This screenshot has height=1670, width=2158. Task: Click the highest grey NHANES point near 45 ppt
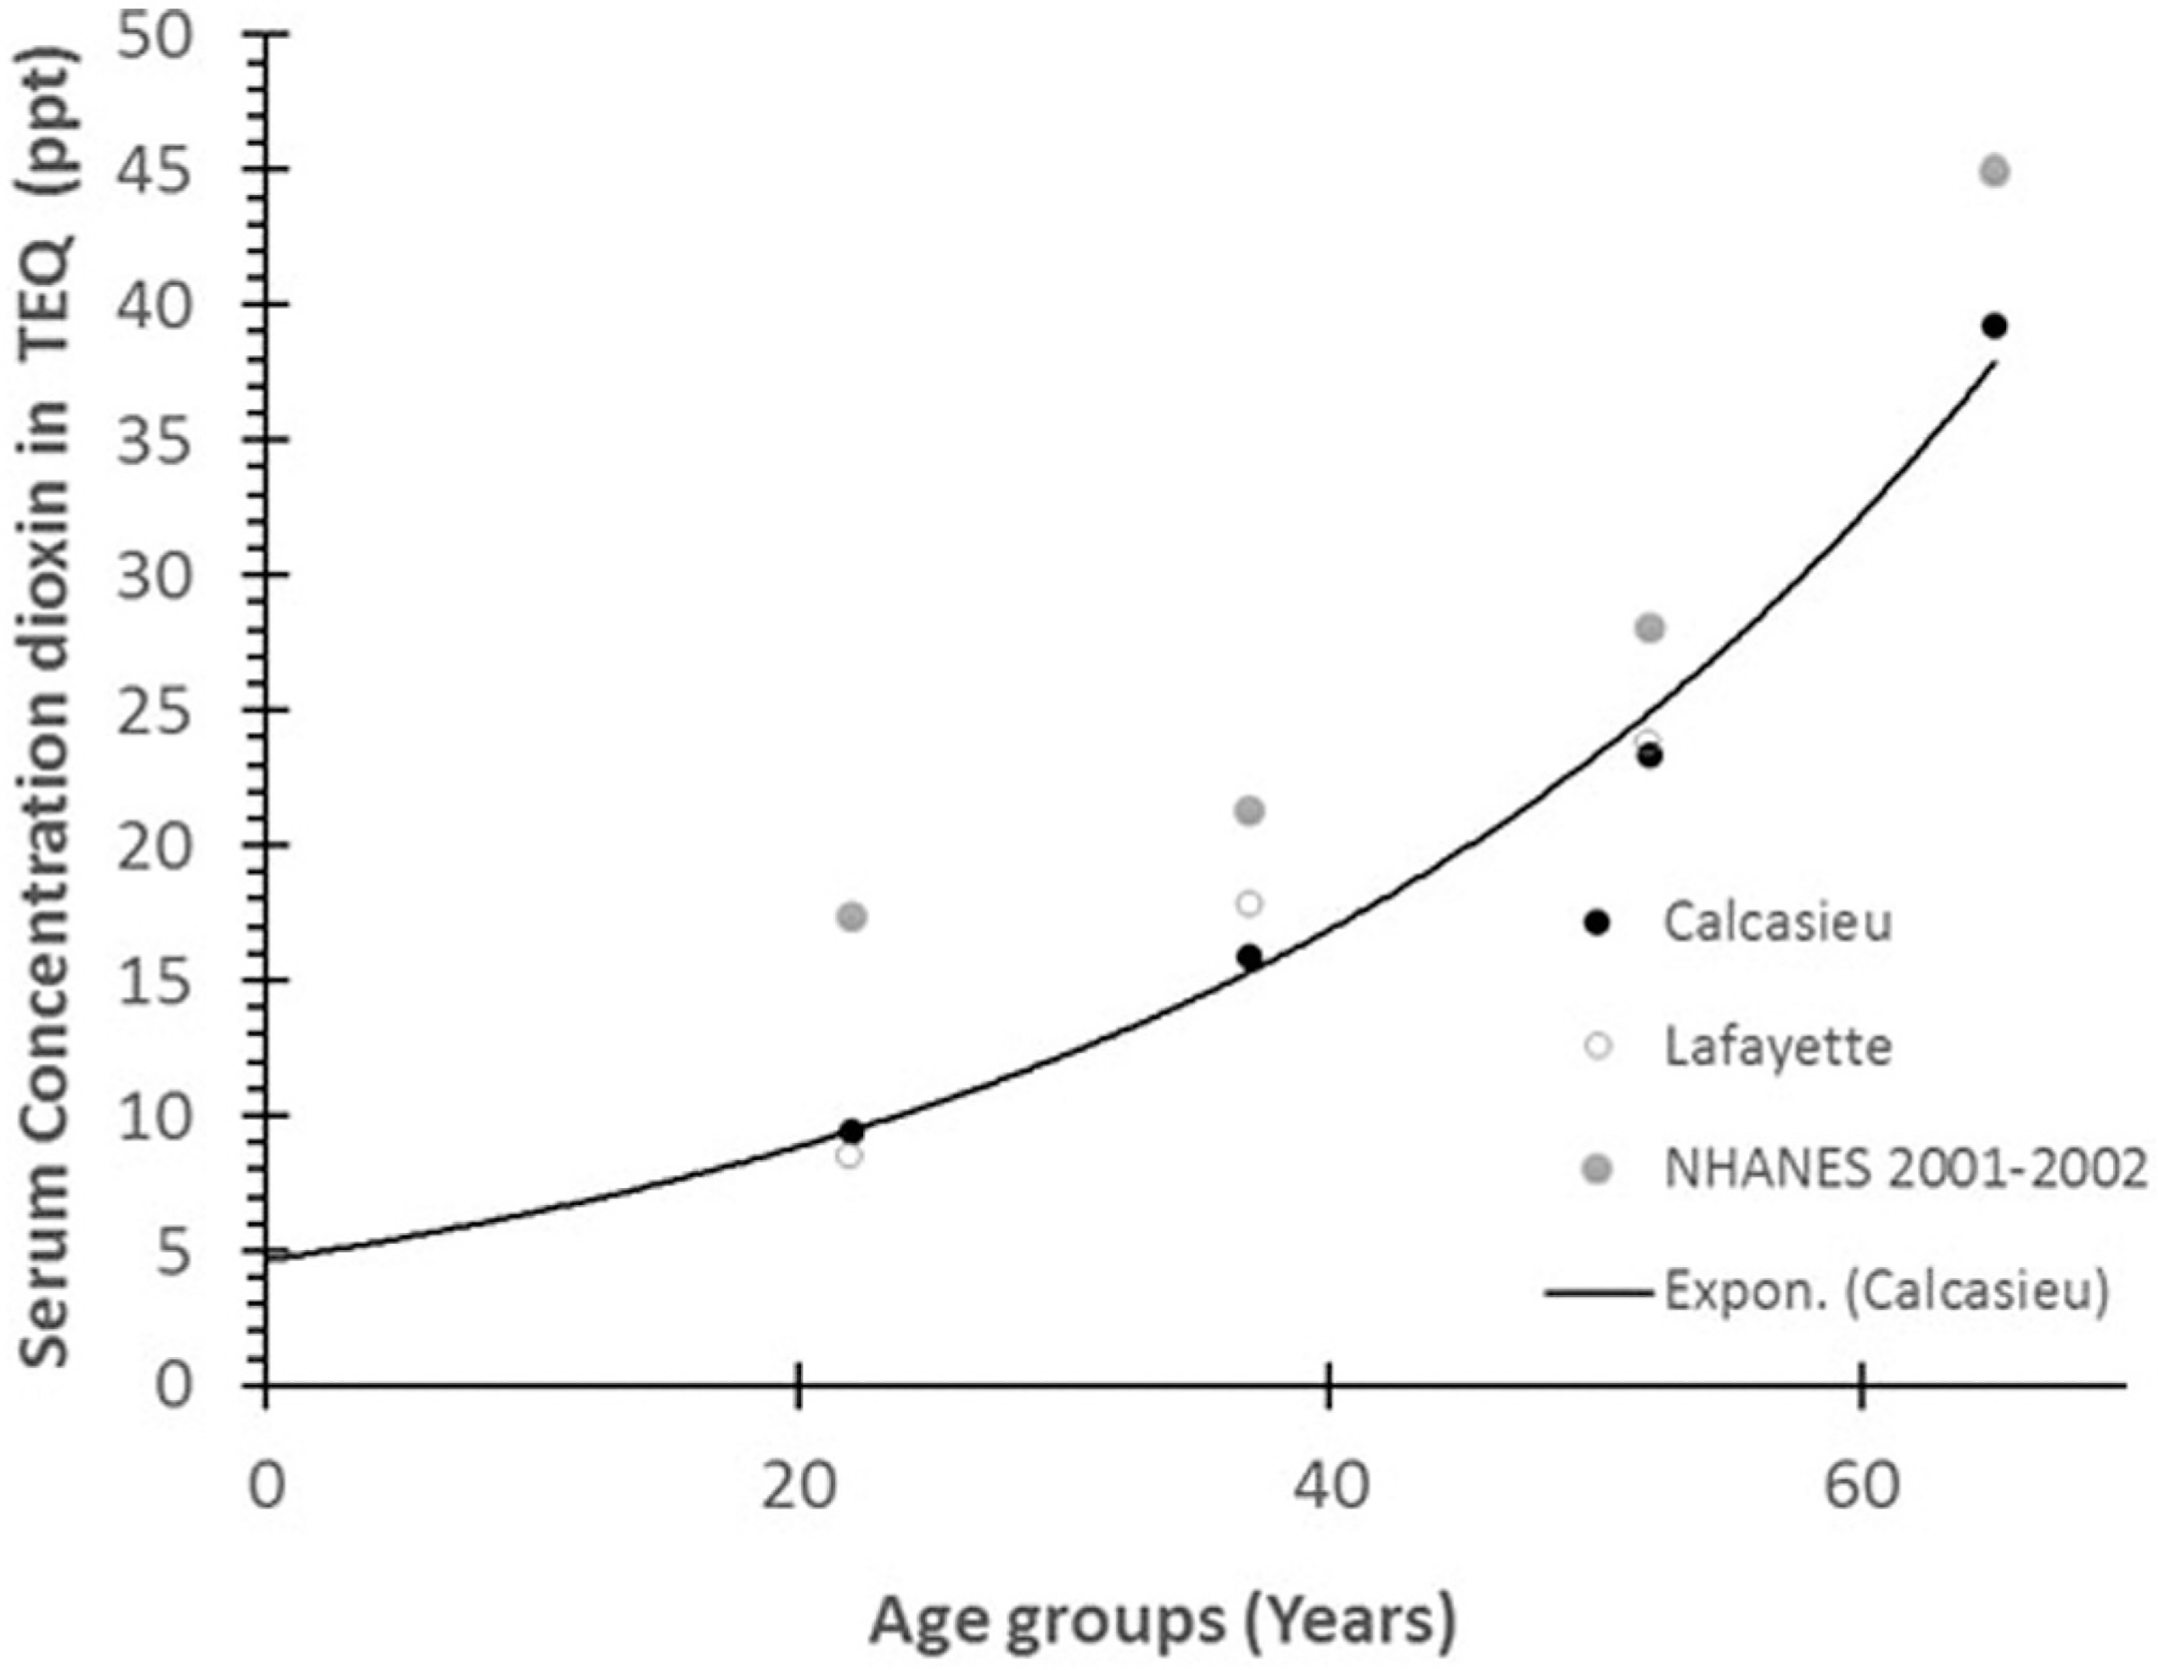(1995, 171)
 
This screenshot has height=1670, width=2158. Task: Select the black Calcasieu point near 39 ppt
(1994, 326)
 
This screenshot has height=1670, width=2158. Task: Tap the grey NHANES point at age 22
(852, 917)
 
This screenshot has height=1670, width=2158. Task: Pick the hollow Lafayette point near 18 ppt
(1250, 903)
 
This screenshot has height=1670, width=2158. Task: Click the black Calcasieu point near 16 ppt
(1250, 957)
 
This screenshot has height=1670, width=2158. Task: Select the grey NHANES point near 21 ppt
(1250, 811)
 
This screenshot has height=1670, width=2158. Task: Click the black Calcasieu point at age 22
(852, 1130)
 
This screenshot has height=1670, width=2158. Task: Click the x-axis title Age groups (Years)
(1163, 1622)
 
